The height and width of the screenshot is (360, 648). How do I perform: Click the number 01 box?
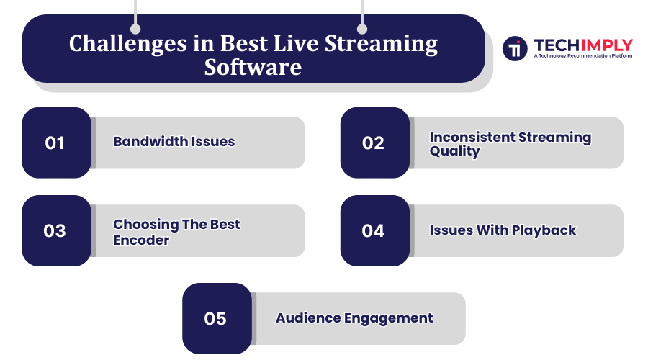pos(56,143)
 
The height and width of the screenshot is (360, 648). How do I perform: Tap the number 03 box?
pos(56,230)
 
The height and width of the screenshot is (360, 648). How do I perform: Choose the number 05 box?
pos(216,318)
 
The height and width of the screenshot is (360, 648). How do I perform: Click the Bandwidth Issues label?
pos(174,142)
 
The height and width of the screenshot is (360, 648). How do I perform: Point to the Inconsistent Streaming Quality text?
pos(510,144)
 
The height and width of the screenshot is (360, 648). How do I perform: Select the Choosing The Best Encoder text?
pos(176,232)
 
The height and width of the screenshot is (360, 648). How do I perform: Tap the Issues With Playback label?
pos(503,230)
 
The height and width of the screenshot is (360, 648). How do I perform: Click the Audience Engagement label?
pos(354,318)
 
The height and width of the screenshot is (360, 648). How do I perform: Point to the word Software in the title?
pos(253,68)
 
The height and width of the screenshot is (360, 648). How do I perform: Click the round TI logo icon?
pos(515,48)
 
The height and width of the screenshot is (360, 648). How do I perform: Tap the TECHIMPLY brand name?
pos(583,45)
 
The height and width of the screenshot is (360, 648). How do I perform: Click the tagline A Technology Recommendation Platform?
pos(583,55)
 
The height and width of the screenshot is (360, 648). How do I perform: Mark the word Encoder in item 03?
pos(141,240)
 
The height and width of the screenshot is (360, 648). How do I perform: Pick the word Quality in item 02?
pos(454,152)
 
